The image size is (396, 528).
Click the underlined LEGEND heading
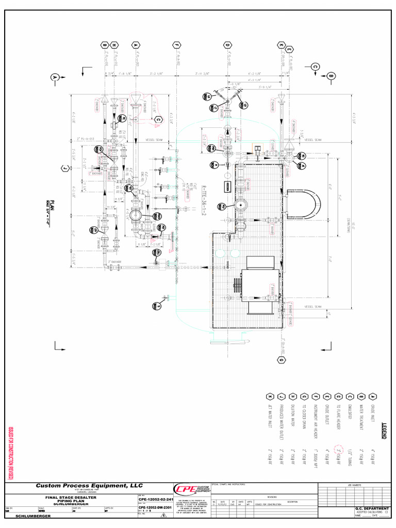click(x=384, y=431)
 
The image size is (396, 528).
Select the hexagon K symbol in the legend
click(x=269, y=396)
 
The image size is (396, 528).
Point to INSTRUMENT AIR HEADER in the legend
click(x=314, y=422)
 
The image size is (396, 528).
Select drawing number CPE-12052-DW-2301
click(x=154, y=507)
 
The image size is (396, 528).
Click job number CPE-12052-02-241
click(x=154, y=500)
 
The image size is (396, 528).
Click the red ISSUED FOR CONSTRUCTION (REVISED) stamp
click(x=9, y=454)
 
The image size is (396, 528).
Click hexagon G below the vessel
click(x=282, y=359)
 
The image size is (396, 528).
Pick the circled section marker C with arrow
click(x=315, y=66)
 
